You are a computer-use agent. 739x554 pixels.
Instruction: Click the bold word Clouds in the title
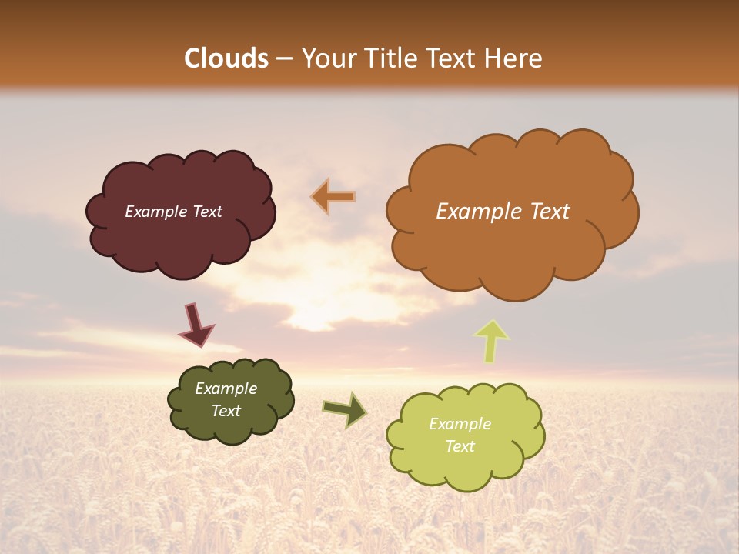click(226, 58)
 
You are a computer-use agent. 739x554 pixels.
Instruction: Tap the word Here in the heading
click(514, 58)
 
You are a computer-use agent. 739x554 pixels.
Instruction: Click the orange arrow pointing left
click(333, 197)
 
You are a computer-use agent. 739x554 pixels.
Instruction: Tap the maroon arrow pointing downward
click(196, 324)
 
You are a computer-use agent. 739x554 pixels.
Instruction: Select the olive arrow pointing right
click(345, 409)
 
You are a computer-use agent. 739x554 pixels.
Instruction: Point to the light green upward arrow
click(492, 340)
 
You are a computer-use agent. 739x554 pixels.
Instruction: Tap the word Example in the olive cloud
click(226, 389)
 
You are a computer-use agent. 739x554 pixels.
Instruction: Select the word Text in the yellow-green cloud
click(460, 446)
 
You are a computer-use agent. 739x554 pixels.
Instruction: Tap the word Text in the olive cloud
click(226, 411)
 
